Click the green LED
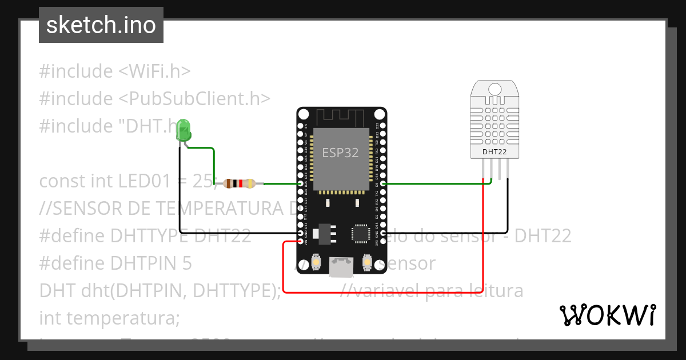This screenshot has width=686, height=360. click(x=184, y=131)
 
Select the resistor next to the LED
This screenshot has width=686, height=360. click(x=240, y=183)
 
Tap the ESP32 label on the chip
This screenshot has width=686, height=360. click(x=341, y=153)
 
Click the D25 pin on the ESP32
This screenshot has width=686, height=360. click(x=301, y=183)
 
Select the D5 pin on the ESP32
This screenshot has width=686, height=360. click(x=382, y=183)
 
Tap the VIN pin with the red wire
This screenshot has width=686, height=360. click(x=301, y=242)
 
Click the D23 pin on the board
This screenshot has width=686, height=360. click(x=382, y=125)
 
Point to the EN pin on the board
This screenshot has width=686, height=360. click(x=301, y=125)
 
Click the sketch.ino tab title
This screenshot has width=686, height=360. click(x=101, y=26)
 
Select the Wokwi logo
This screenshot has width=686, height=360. click(x=607, y=315)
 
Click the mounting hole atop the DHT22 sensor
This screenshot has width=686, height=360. click(x=495, y=89)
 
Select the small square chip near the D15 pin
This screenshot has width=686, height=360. click(x=361, y=233)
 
